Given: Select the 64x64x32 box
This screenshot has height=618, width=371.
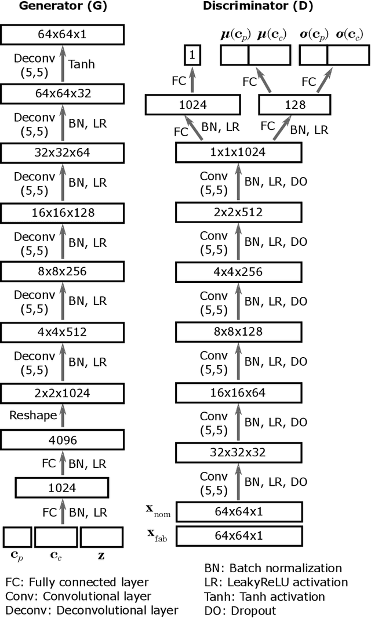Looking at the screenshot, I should [x=63, y=93].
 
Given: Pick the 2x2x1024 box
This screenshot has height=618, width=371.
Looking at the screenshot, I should [x=63, y=392].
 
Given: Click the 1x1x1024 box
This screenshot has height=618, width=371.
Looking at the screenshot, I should [x=239, y=152].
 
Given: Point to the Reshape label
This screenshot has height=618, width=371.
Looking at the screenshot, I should [x=33, y=415].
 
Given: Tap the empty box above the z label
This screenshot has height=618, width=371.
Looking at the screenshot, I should [x=101, y=537].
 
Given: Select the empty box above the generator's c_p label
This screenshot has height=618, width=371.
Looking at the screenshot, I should [x=17, y=537].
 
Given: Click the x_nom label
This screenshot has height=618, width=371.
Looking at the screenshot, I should [x=159, y=511].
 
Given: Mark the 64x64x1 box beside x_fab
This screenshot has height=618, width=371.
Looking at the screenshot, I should [x=239, y=536].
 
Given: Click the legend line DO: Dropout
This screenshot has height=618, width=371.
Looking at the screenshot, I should [x=241, y=610].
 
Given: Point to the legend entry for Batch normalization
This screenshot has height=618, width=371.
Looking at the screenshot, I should [x=272, y=568].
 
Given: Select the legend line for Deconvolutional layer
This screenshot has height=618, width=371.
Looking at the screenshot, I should [x=92, y=610].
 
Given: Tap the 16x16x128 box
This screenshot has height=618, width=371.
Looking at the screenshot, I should [x=63, y=213].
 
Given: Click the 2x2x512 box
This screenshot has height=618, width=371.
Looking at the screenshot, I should [x=239, y=212].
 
